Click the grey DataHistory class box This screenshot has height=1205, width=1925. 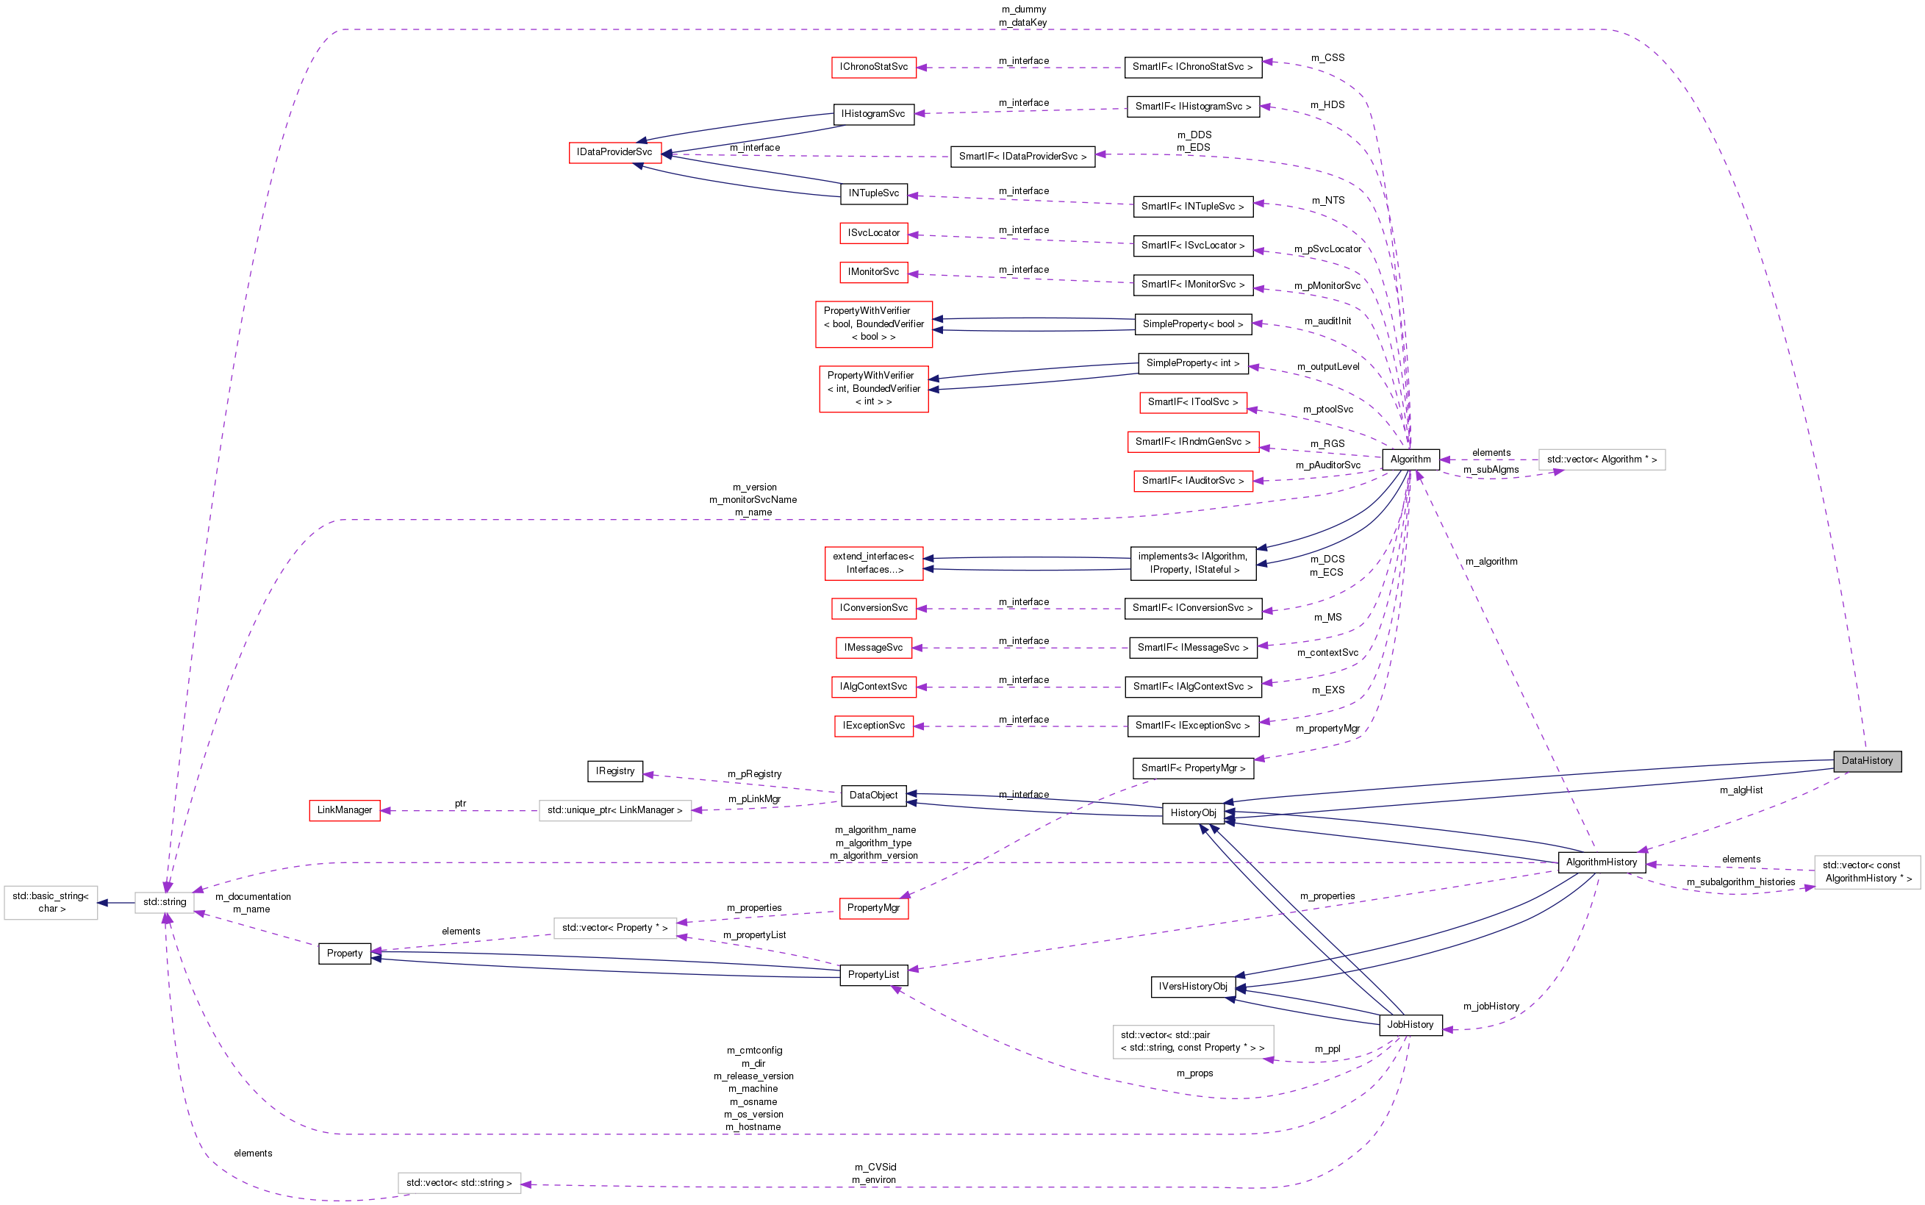tap(1867, 761)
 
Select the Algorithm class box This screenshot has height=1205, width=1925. tap(1410, 459)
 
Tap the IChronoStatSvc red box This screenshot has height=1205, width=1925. tap(873, 67)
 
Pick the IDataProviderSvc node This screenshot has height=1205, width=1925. tap(614, 152)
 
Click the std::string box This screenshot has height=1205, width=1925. tap(165, 902)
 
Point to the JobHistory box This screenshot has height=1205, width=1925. tap(1410, 1025)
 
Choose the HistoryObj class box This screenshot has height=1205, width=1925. tap(1193, 813)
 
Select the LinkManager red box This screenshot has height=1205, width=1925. tap(344, 810)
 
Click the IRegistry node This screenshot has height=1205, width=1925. tap(615, 771)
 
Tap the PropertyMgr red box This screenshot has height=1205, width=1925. tap(873, 908)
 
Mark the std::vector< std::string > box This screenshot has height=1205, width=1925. tap(459, 1183)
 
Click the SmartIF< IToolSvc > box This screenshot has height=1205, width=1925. tap(1193, 402)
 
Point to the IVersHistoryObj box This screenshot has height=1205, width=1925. tap(1193, 987)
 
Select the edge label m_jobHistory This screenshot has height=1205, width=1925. tap(1491, 1006)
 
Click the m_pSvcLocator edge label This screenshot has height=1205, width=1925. tap(1327, 249)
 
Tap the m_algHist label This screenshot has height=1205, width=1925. tap(1741, 790)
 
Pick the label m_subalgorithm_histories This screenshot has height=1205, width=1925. tap(1741, 882)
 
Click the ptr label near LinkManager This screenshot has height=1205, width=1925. tap(461, 804)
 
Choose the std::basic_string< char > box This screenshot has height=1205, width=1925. tap(51, 902)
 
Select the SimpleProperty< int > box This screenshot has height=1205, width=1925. tap(1193, 363)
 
